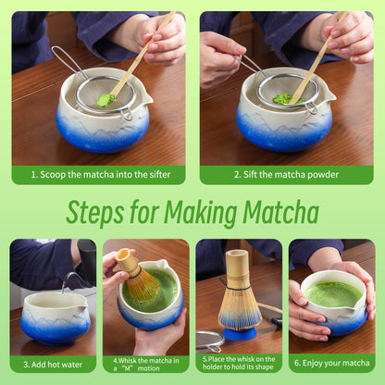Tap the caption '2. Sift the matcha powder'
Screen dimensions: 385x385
[x=287, y=174]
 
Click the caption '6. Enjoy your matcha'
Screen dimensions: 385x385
[x=331, y=363]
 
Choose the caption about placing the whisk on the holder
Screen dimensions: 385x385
[x=239, y=363]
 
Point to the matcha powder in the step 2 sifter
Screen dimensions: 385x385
[x=287, y=98]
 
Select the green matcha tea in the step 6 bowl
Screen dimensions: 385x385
[x=332, y=293]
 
